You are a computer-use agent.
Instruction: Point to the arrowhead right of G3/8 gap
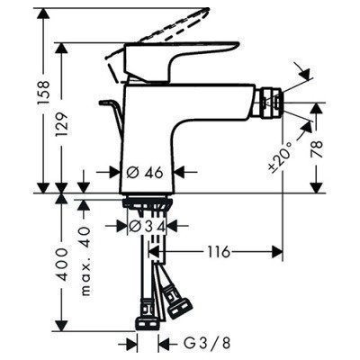tap(164, 343)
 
